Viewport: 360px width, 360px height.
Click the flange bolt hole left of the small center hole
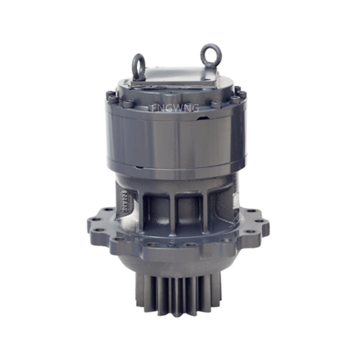(x=154, y=244)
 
